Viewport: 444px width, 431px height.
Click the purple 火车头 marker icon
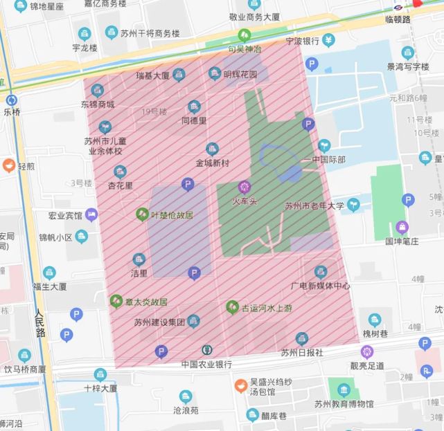tap(244, 186)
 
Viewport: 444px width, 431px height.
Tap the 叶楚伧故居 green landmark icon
tap(143, 214)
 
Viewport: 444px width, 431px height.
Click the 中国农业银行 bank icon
tap(206, 351)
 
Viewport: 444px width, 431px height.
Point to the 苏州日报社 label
tap(301, 352)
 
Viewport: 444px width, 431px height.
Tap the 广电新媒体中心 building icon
tap(320, 272)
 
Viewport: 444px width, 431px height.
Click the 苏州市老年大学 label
tap(314, 205)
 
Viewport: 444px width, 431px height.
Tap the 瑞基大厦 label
tap(152, 75)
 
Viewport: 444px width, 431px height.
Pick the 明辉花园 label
tap(240, 74)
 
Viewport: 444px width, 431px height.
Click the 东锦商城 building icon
tap(97, 91)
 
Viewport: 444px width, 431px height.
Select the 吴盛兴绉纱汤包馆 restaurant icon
tap(240, 383)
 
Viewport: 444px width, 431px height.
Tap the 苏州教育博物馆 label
tap(344, 404)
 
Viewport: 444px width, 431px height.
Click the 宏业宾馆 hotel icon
tap(91, 215)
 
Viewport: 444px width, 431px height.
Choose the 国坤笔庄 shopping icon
tap(402, 227)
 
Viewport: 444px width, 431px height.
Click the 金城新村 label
tap(212, 163)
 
